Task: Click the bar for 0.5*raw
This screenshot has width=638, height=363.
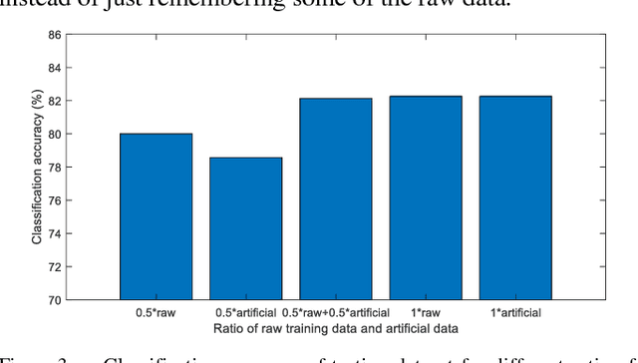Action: point(156,216)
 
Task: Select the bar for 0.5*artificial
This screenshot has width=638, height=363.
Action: point(245,228)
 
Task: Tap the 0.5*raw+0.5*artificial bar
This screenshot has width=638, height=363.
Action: point(335,198)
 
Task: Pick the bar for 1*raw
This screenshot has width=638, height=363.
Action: point(426,197)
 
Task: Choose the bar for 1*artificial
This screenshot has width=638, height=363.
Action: point(515,197)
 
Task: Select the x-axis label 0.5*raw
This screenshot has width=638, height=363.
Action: point(156,311)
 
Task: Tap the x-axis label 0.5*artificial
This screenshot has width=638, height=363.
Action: point(245,311)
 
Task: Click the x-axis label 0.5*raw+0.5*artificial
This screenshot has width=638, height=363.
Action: point(335,311)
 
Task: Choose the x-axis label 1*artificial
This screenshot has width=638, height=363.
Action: point(515,311)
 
